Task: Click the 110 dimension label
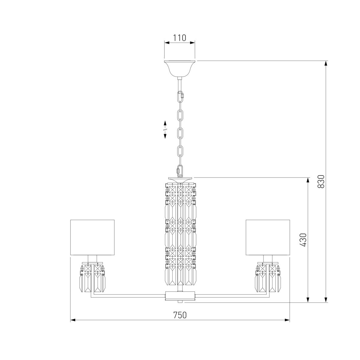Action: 179,38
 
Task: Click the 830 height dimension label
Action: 321,181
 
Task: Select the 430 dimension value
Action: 304,240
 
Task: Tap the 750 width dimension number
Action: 180,315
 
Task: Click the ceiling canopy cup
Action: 179,69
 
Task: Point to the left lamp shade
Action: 92,237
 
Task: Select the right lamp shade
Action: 268,237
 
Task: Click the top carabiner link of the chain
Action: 181,97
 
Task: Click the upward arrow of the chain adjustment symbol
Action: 165,124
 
